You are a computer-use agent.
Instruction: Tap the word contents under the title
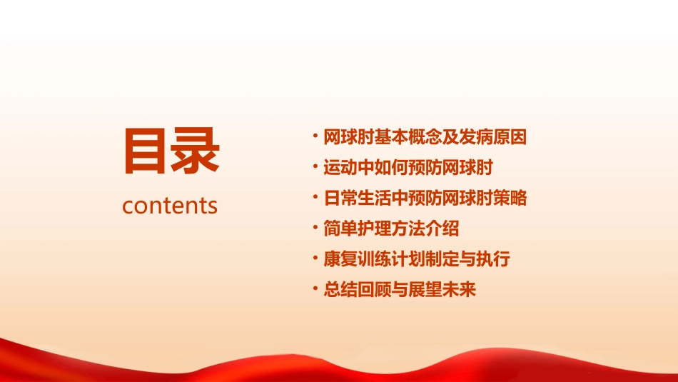point(170,206)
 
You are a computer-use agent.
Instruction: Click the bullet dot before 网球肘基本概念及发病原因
point(315,136)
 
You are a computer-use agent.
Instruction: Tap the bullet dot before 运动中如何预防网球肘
point(315,168)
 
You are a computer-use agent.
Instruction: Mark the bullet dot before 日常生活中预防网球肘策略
point(315,198)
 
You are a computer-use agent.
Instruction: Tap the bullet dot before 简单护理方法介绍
point(315,228)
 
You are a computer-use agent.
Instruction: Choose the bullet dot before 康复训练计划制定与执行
point(315,259)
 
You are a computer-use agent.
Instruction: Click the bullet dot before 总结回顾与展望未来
point(315,290)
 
